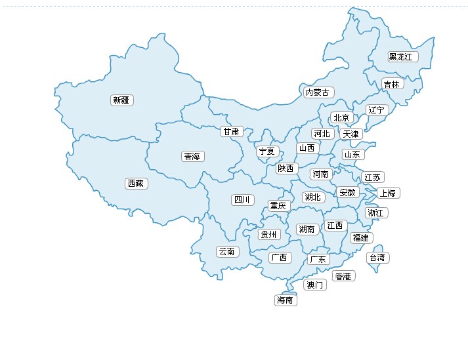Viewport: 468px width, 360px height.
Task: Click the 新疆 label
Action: point(121,100)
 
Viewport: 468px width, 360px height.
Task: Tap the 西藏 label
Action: point(136,184)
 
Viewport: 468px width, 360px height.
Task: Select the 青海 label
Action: point(193,157)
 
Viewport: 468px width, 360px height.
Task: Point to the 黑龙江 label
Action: point(402,57)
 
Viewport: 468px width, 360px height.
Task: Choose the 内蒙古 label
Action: point(318,92)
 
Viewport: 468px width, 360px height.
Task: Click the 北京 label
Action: point(342,118)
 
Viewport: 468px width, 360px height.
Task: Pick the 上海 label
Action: point(388,193)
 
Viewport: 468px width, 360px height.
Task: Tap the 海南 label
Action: point(285,300)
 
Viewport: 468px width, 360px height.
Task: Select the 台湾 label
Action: point(378,258)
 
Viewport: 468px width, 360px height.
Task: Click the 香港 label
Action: point(343,276)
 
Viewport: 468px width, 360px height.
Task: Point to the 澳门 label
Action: point(315,285)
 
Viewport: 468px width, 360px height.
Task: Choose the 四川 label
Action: point(242,199)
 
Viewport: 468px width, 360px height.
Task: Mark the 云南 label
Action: point(227,251)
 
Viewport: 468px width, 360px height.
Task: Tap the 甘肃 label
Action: point(231,131)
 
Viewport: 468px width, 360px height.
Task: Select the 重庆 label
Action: point(278,206)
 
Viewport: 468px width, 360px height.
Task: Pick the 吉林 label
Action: point(391,84)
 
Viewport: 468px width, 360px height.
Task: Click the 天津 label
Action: point(351,134)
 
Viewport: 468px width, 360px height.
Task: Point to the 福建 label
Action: point(360,237)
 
